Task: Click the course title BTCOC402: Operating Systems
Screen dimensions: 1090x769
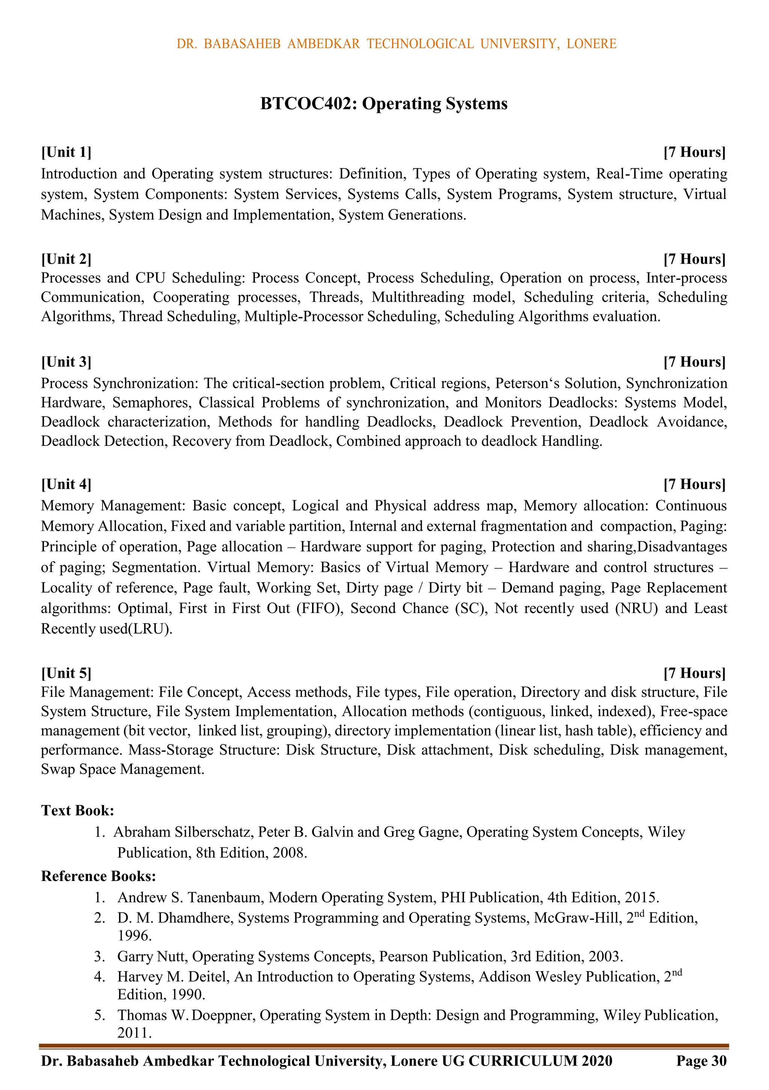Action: (x=384, y=103)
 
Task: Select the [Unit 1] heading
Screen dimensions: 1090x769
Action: (x=66, y=152)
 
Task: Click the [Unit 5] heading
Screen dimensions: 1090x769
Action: (x=66, y=673)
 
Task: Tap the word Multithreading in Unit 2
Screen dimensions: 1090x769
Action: (x=418, y=297)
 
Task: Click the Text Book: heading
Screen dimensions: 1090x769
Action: (x=77, y=810)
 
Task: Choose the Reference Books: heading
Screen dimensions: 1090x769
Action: (x=99, y=876)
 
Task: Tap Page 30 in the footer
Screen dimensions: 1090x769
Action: (x=701, y=1061)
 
